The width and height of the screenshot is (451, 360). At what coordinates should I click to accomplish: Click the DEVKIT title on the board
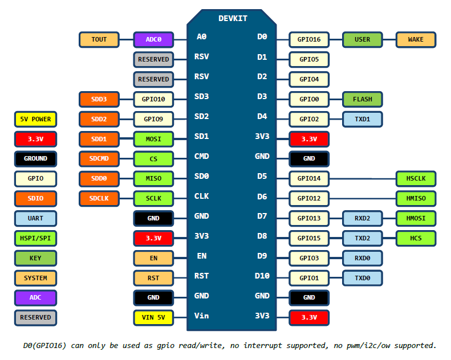point(233,18)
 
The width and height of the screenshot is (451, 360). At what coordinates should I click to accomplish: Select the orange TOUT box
point(99,40)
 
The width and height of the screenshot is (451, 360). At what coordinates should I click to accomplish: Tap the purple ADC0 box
point(153,40)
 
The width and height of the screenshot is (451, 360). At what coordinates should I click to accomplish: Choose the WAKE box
point(416,40)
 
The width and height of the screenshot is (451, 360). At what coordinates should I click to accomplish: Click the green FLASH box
point(362,100)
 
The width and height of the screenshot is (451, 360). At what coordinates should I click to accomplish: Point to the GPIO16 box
point(309,40)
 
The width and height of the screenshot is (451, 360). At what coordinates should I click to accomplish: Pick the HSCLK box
point(416,179)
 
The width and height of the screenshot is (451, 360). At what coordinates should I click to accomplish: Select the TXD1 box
point(362,119)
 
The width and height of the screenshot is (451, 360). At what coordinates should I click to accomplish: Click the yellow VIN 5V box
point(153,318)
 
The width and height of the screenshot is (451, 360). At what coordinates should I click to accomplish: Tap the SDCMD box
point(99,159)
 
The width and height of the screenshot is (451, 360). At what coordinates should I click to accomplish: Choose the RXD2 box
point(362,219)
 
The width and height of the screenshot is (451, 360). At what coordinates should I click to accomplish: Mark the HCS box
point(416,239)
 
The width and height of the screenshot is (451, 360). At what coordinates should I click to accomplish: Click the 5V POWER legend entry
point(35,119)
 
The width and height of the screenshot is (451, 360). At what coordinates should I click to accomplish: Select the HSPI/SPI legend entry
point(35,239)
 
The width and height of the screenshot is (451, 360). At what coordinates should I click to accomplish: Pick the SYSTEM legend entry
point(35,278)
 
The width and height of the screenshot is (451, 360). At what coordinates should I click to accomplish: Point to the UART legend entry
point(35,219)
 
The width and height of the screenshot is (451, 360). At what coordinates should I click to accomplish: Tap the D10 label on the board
point(262,276)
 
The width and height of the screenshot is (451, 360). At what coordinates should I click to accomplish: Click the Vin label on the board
point(201,316)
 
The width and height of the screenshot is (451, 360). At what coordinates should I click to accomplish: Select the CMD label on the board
point(201,156)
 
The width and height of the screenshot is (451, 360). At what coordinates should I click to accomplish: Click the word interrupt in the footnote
point(262,346)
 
